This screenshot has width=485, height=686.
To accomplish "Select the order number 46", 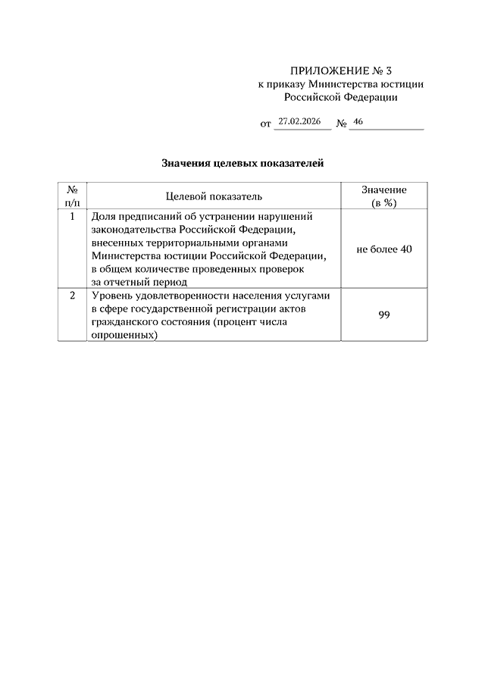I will point(358,121).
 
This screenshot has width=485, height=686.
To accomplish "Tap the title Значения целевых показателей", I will point(242,163).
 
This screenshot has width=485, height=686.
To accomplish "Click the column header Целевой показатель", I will point(214,196).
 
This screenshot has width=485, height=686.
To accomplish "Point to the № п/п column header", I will point(72,196).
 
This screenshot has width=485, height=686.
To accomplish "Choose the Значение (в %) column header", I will point(384,196).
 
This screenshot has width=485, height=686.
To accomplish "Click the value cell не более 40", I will point(384,249).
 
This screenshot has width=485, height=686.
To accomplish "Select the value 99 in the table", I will point(384,315).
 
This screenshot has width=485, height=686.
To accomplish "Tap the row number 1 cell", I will point(72,216).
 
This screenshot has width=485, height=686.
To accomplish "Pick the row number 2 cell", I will point(72,296).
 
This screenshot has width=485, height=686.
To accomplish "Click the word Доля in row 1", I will point(102,216).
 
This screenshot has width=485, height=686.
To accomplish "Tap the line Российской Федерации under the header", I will point(340,97).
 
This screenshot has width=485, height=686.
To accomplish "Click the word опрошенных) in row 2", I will point(125,336).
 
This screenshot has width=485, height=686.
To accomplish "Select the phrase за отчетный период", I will point(138,281).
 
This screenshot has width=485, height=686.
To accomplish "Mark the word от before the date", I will point(265,123).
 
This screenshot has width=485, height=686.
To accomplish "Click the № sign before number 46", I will point(341,123).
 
